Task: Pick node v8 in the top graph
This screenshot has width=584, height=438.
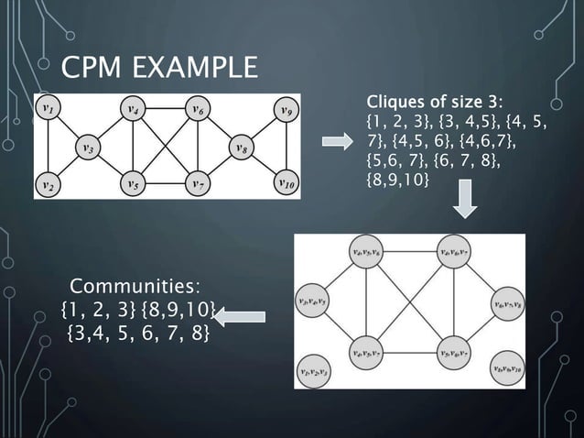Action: pos(241,147)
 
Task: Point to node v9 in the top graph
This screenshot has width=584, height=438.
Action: pos(287,110)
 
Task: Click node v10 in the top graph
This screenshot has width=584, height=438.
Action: pos(287,183)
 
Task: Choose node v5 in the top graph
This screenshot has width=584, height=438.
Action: pos(134,183)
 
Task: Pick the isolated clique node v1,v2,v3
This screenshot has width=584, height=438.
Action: pos(315,370)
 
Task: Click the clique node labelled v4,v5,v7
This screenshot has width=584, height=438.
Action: pos(366,351)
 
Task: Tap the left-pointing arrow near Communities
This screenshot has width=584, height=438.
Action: pos(240,317)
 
